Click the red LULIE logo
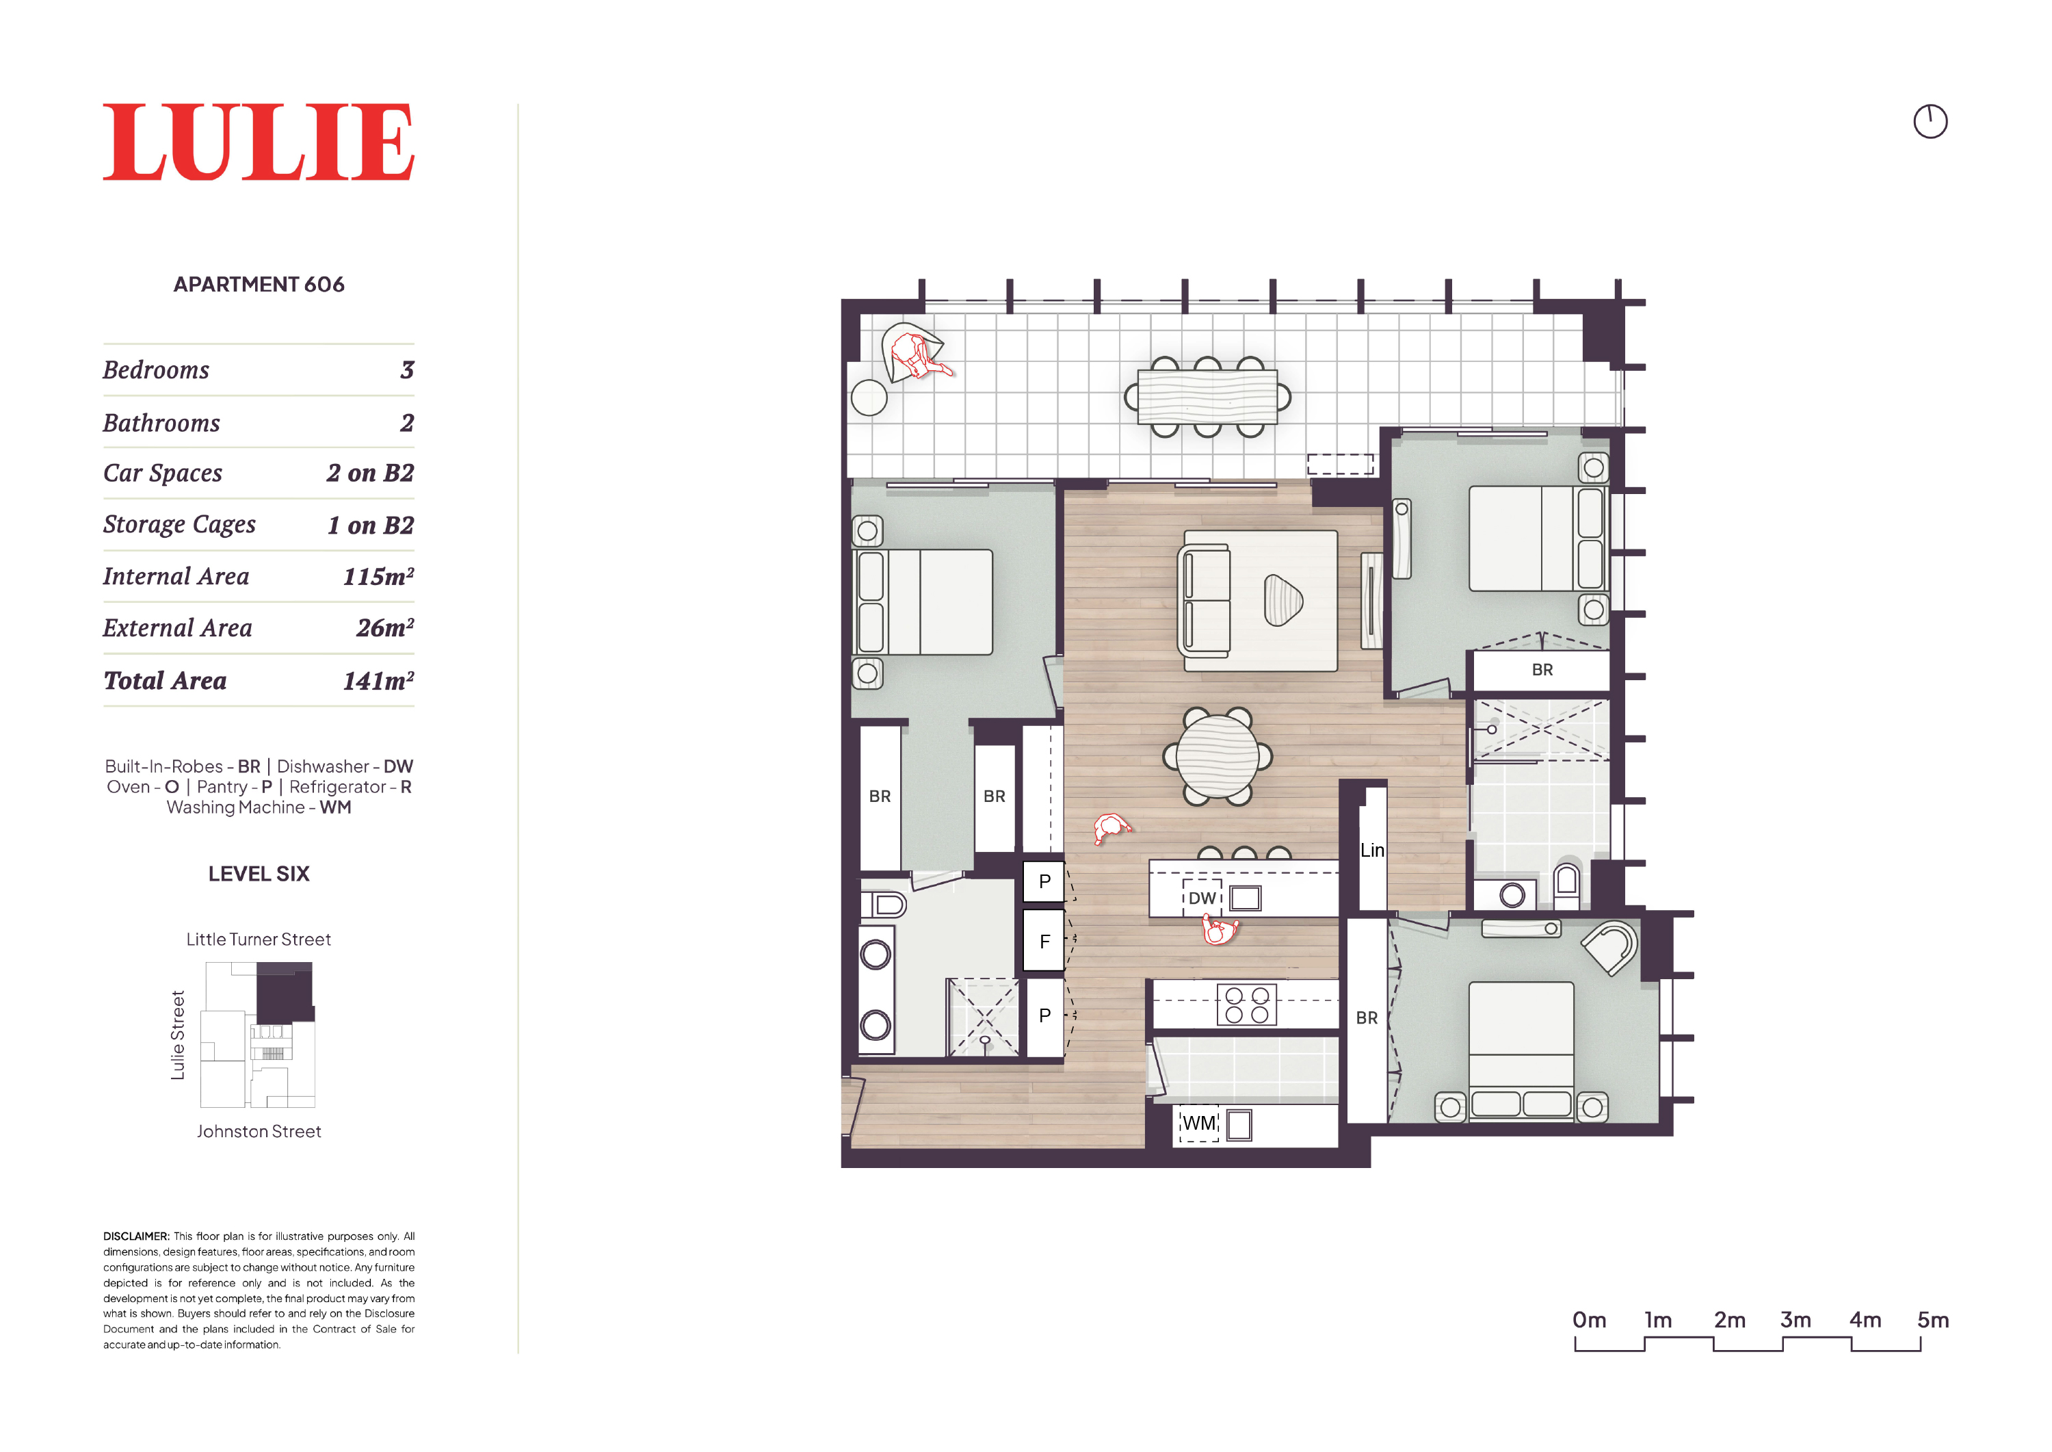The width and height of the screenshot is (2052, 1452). (259, 142)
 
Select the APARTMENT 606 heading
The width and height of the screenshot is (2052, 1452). (259, 285)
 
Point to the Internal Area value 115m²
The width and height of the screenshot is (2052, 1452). (378, 577)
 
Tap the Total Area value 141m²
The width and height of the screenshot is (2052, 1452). (378, 682)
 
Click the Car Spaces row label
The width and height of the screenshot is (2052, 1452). (163, 473)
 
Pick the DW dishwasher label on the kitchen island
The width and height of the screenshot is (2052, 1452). (1202, 898)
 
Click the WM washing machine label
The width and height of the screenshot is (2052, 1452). (1199, 1123)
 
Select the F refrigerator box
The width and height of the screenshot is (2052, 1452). (1044, 942)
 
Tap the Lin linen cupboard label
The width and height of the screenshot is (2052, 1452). (1372, 851)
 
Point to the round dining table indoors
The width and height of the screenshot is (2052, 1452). (1218, 756)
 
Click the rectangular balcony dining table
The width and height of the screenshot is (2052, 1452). (1207, 397)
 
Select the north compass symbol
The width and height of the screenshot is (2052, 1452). (1930, 122)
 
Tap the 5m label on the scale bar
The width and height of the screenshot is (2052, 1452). (1932, 1320)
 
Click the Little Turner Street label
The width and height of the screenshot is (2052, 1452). (259, 939)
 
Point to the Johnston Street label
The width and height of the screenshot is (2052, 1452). (259, 1132)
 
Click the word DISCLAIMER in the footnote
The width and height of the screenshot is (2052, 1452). (136, 1236)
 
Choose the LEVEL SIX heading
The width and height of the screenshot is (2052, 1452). (259, 874)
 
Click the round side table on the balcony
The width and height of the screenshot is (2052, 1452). (869, 398)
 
